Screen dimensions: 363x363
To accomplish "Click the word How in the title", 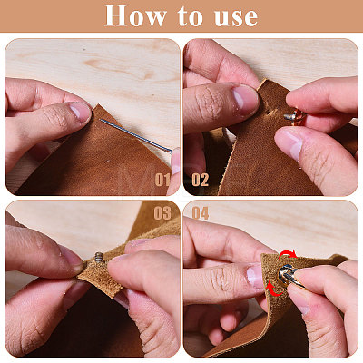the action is coord(135,15).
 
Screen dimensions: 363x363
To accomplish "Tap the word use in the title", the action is coord(236,17).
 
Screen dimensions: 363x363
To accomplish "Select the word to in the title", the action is coord(190,16).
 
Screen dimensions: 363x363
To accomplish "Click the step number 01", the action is coord(162,180).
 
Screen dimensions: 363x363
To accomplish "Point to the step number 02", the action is coord(200,180).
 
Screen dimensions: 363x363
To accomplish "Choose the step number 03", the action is coord(162,213).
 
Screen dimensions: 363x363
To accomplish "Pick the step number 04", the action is coord(201,213).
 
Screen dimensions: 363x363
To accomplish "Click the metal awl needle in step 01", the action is coord(136,135).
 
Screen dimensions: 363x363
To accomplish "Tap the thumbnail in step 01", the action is coord(79,112).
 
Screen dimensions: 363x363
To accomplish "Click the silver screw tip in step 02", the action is coord(289,116).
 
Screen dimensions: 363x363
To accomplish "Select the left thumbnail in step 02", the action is coord(246,97).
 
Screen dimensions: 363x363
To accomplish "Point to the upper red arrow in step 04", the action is coord(288,254).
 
